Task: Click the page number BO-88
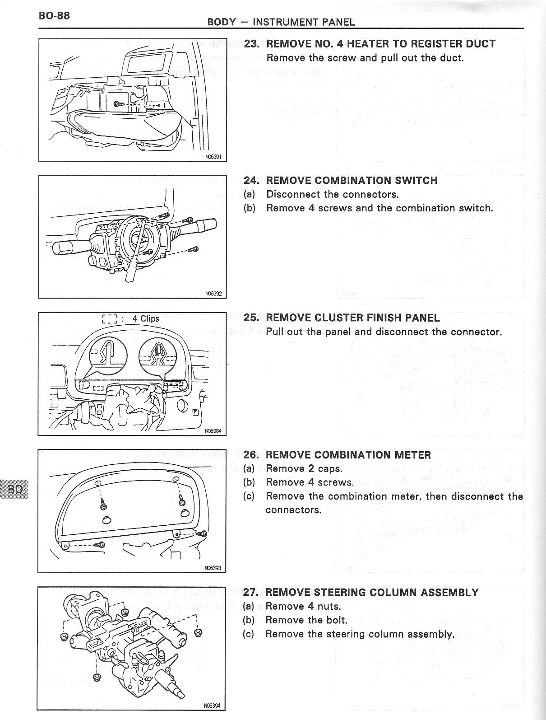(54, 15)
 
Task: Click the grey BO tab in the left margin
(14, 489)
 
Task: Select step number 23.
(251, 44)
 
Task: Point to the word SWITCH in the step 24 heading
(415, 180)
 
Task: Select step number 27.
(250, 592)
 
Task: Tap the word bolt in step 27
(336, 620)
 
